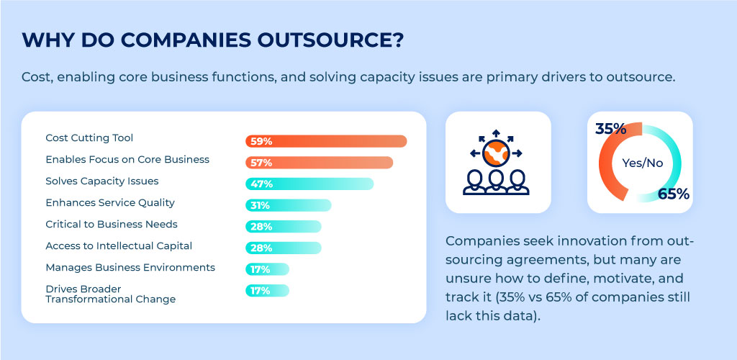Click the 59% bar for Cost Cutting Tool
326,141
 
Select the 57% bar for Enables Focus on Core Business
319,163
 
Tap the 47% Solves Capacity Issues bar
309,184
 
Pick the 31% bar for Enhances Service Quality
288,205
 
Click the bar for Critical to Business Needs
284,227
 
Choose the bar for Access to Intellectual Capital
284,248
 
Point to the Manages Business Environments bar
267,269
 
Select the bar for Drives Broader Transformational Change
267,291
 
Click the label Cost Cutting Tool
89,138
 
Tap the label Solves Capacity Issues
102,181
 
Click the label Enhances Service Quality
110,202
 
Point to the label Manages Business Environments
130,267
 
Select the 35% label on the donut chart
611,128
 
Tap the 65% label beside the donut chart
673,194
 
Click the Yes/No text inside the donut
642,163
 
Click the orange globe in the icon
496,153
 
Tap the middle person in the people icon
497,181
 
